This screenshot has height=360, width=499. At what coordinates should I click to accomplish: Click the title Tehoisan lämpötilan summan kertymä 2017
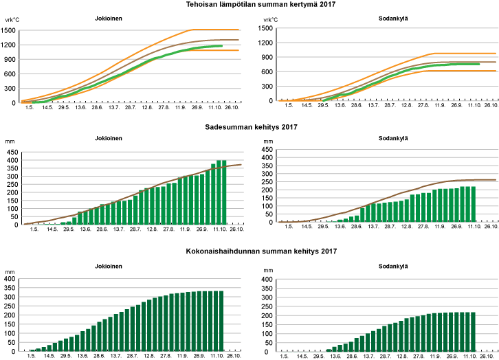pos(249,5)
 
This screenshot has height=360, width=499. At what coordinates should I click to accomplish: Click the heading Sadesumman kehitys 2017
pos(249,126)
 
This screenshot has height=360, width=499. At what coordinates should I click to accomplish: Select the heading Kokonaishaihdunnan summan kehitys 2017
pos(249,253)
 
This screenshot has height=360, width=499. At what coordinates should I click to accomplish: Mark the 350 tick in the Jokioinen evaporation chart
pos(11,288)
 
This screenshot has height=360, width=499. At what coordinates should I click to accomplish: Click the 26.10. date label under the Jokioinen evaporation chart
pos(233,356)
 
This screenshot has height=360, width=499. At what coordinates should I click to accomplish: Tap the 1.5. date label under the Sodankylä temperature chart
pos(288,106)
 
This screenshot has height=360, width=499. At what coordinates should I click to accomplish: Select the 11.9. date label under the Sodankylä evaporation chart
pos(435,356)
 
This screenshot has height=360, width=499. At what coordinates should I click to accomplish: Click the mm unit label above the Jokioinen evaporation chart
pos(10,272)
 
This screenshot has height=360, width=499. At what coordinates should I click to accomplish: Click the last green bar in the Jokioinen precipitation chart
pos(223,192)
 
